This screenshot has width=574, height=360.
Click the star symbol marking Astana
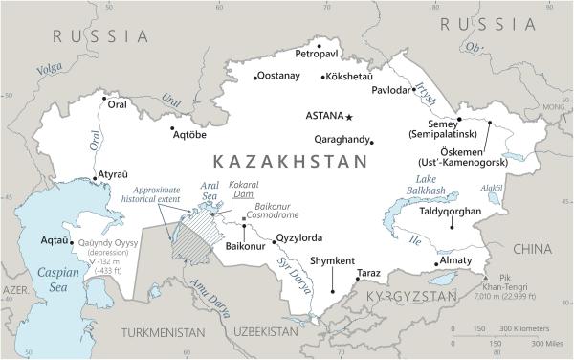349,117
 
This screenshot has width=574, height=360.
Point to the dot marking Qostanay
255,77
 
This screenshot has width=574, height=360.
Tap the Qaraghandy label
337,140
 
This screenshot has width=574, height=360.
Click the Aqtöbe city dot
172,128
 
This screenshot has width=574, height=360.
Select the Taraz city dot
358,279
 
